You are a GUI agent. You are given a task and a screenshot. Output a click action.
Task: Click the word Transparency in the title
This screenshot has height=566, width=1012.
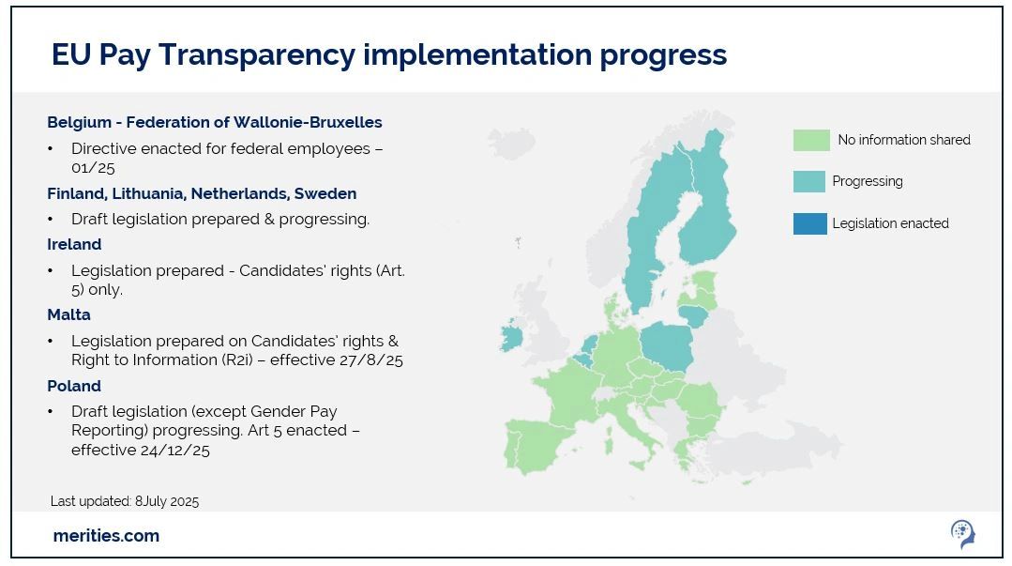pos(257,54)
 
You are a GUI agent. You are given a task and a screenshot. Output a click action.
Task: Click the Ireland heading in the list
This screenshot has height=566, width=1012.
pos(74,244)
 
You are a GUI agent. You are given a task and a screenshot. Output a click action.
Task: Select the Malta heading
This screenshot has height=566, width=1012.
pos(68,314)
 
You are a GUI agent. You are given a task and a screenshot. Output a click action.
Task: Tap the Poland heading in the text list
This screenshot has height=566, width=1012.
pos(74,386)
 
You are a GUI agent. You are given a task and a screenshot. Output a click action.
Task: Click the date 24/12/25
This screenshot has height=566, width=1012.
pos(174,451)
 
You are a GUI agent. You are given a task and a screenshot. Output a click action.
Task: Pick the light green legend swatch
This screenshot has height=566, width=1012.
pos(811,140)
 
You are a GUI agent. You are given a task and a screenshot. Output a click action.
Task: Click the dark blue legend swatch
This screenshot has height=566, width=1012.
pos(810,223)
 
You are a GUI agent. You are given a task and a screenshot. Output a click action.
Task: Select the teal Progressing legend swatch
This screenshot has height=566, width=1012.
pos(809,181)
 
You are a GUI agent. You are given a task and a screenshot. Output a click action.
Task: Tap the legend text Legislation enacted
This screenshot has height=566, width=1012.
pos(891,223)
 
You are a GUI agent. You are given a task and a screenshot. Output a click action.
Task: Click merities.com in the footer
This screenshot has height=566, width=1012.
pos(107,536)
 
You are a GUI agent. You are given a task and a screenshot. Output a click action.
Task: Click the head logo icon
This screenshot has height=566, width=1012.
pos(963,534)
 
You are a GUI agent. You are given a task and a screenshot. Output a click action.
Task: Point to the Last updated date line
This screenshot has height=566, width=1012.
pos(125,501)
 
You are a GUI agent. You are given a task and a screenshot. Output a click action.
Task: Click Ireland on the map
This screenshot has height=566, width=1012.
pos(511,337)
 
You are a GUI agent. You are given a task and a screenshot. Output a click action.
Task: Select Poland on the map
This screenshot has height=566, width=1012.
pos(668,345)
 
